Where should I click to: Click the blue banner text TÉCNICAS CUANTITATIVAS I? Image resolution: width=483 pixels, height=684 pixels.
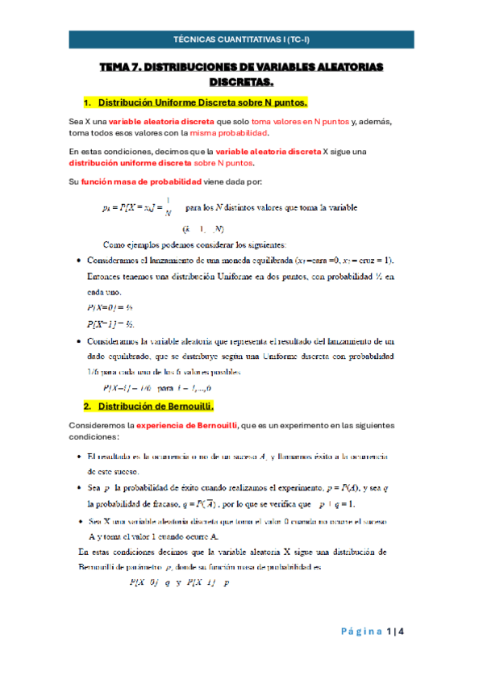(241, 39)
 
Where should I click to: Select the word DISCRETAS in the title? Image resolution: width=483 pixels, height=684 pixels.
(241, 82)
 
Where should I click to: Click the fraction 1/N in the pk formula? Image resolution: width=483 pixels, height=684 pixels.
(168, 207)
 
